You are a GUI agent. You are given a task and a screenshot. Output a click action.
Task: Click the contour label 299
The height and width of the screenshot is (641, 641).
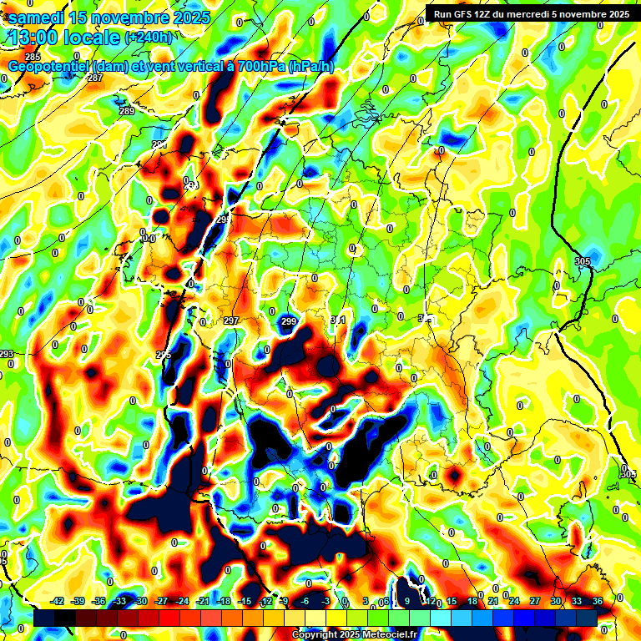tap(289, 321)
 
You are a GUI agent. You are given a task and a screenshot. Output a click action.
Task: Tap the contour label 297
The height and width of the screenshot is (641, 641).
tap(231, 320)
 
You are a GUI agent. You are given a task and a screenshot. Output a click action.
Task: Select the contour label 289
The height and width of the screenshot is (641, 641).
tap(127, 111)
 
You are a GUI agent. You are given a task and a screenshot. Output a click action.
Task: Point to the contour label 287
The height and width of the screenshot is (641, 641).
tap(95, 78)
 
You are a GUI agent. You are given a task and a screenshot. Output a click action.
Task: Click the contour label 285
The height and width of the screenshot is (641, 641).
tap(33, 57)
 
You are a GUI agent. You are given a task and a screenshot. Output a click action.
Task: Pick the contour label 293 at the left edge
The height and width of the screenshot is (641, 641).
tap(7, 354)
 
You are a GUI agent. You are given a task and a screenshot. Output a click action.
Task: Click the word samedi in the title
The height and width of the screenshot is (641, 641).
tap(38, 17)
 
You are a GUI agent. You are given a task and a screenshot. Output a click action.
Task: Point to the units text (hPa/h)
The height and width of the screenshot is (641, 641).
tap(310, 66)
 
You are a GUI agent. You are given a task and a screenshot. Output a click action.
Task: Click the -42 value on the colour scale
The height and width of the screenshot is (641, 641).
tap(58, 601)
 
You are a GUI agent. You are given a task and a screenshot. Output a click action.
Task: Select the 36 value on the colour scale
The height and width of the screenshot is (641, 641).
tap(598, 601)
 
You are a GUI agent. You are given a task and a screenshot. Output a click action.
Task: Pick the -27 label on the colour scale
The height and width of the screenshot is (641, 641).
tap(161, 601)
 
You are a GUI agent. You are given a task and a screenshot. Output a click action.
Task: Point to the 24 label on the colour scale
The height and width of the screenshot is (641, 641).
tap(514, 601)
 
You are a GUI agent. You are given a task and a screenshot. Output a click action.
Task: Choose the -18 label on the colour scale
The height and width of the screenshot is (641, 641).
tap(224, 601)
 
